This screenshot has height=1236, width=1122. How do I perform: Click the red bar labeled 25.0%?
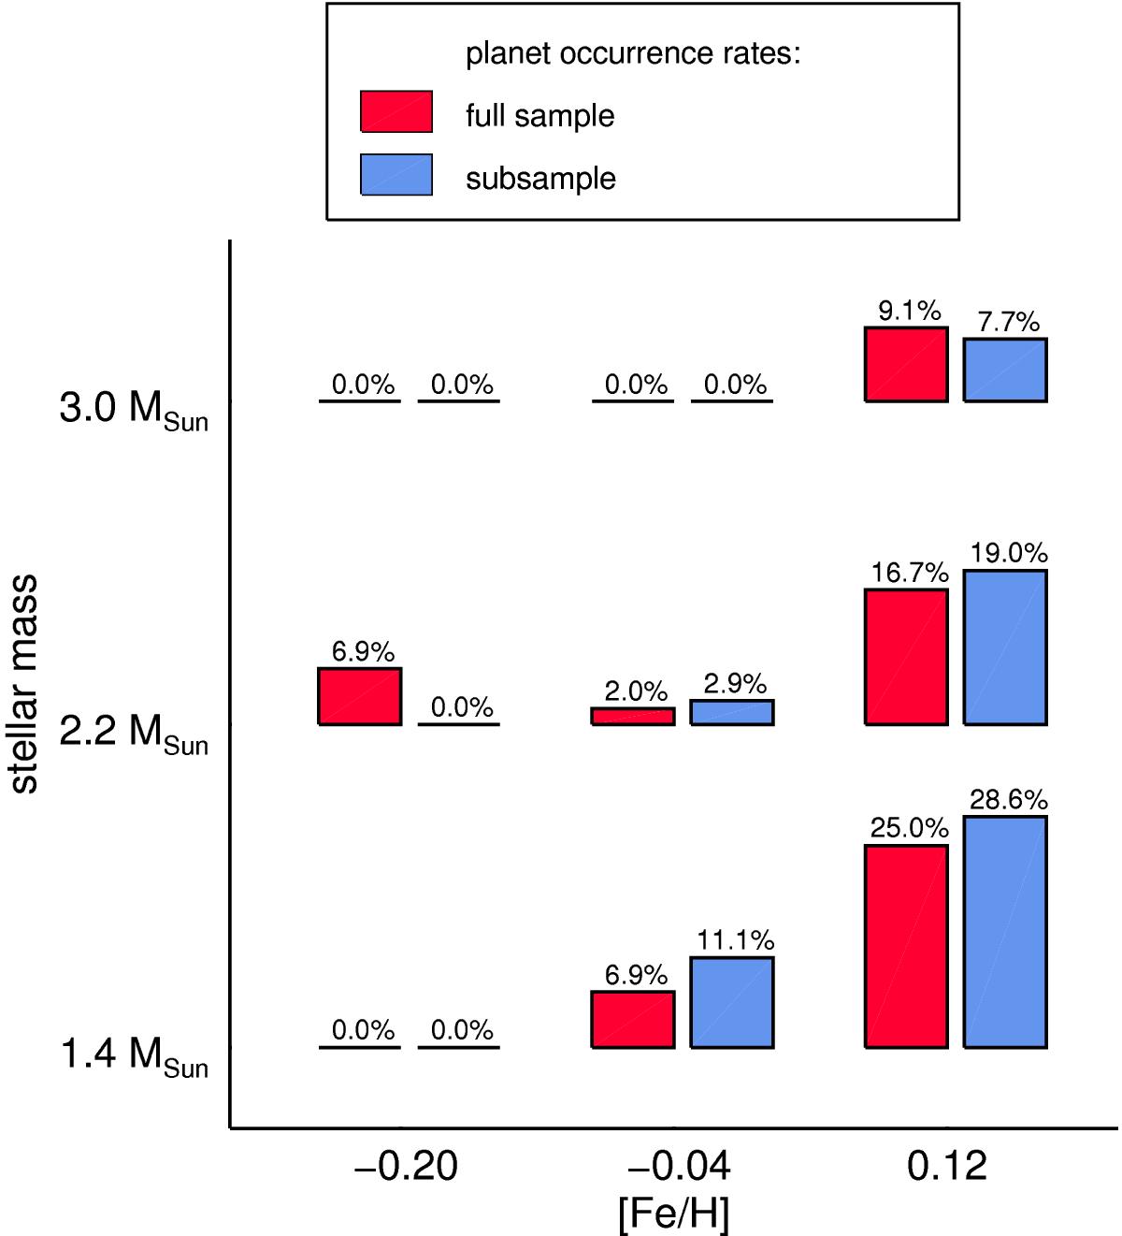tap(906, 946)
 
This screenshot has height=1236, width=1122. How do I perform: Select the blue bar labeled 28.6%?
tap(1005, 931)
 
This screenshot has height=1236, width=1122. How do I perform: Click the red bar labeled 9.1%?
tap(906, 364)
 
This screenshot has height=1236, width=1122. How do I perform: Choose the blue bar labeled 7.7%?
tap(1005, 370)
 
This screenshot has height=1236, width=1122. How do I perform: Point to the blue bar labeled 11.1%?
tap(732, 1002)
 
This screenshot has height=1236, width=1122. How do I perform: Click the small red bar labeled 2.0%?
tap(633, 716)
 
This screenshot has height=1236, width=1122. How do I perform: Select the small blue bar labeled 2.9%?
tap(732, 712)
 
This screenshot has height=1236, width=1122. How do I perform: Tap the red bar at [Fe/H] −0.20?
tap(360, 696)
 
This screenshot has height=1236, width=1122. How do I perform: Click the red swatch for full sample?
tap(396, 111)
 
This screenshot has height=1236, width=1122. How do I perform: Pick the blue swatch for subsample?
tap(396, 175)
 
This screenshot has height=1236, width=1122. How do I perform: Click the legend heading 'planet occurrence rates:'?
tap(633, 54)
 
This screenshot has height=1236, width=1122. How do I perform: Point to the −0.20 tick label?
tap(406, 1167)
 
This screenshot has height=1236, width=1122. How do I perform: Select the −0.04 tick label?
tap(680, 1167)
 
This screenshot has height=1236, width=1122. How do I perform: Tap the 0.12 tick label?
tap(947, 1167)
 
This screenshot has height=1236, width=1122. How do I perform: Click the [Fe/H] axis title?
tap(673, 1214)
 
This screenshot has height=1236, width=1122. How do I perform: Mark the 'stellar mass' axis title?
tap(24, 684)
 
